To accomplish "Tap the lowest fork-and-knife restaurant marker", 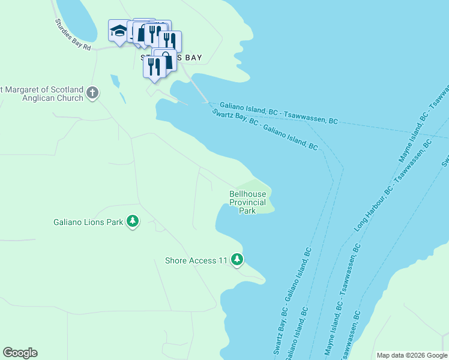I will (x=154, y=66).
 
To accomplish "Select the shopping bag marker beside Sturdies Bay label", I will (x=165, y=60).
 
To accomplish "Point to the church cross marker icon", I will (x=92, y=92).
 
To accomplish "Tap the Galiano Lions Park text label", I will (x=88, y=223).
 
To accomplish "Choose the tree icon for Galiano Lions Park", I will (x=132, y=222).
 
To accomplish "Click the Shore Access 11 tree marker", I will (x=238, y=260).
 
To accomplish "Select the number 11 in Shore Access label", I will (x=223, y=260).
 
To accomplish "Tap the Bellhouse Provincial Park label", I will (x=247, y=202).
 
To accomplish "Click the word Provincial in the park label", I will (x=247, y=203).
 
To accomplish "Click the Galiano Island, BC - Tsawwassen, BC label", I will (x=279, y=113).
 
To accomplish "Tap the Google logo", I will (x=20, y=353).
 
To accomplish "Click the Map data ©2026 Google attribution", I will (x=412, y=355).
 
